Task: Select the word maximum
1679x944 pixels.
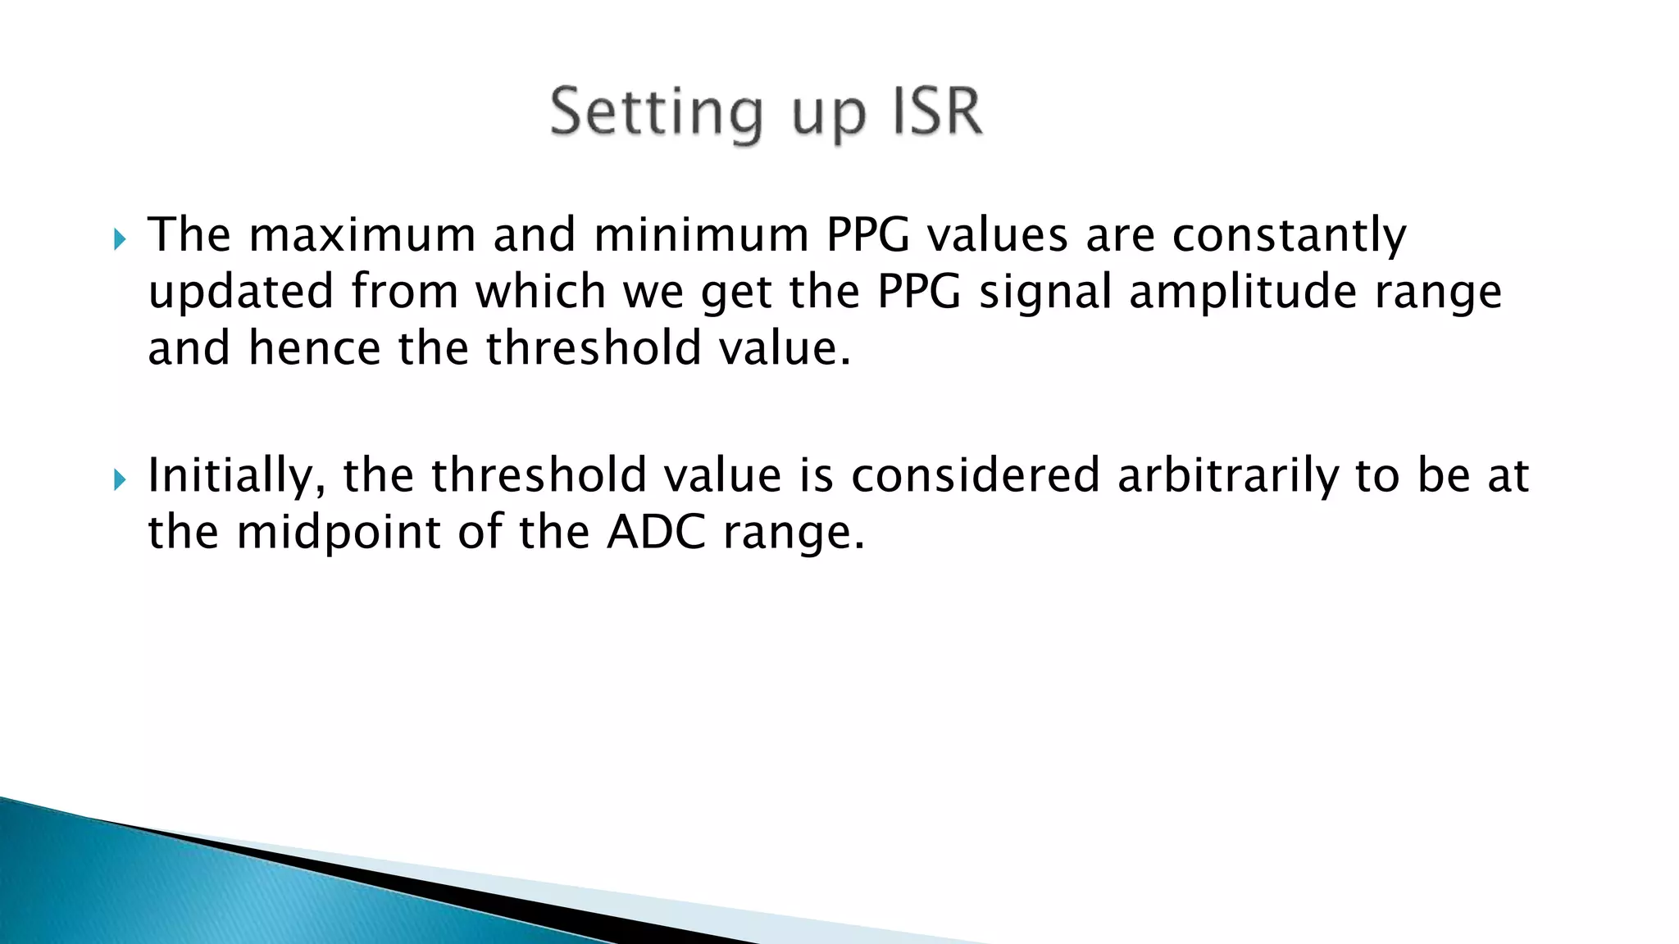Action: pyautogui.click(x=362, y=235)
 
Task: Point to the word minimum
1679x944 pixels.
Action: pyautogui.click(x=701, y=235)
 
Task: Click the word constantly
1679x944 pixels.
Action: pyautogui.click(x=1289, y=237)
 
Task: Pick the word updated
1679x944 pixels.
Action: pyautogui.click(x=241, y=293)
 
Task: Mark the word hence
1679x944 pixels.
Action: pyautogui.click(x=315, y=348)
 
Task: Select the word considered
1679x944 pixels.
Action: pyautogui.click(x=975, y=476)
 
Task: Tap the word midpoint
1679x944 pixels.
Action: pyautogui.click(x=339, y=533)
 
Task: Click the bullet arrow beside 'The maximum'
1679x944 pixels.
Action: pyautogui.click(x=121, y=239)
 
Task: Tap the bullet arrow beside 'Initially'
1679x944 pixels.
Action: pyautogui.click(x=121, y=479)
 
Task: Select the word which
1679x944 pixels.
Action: pyautogui.click(x=541, y=293)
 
